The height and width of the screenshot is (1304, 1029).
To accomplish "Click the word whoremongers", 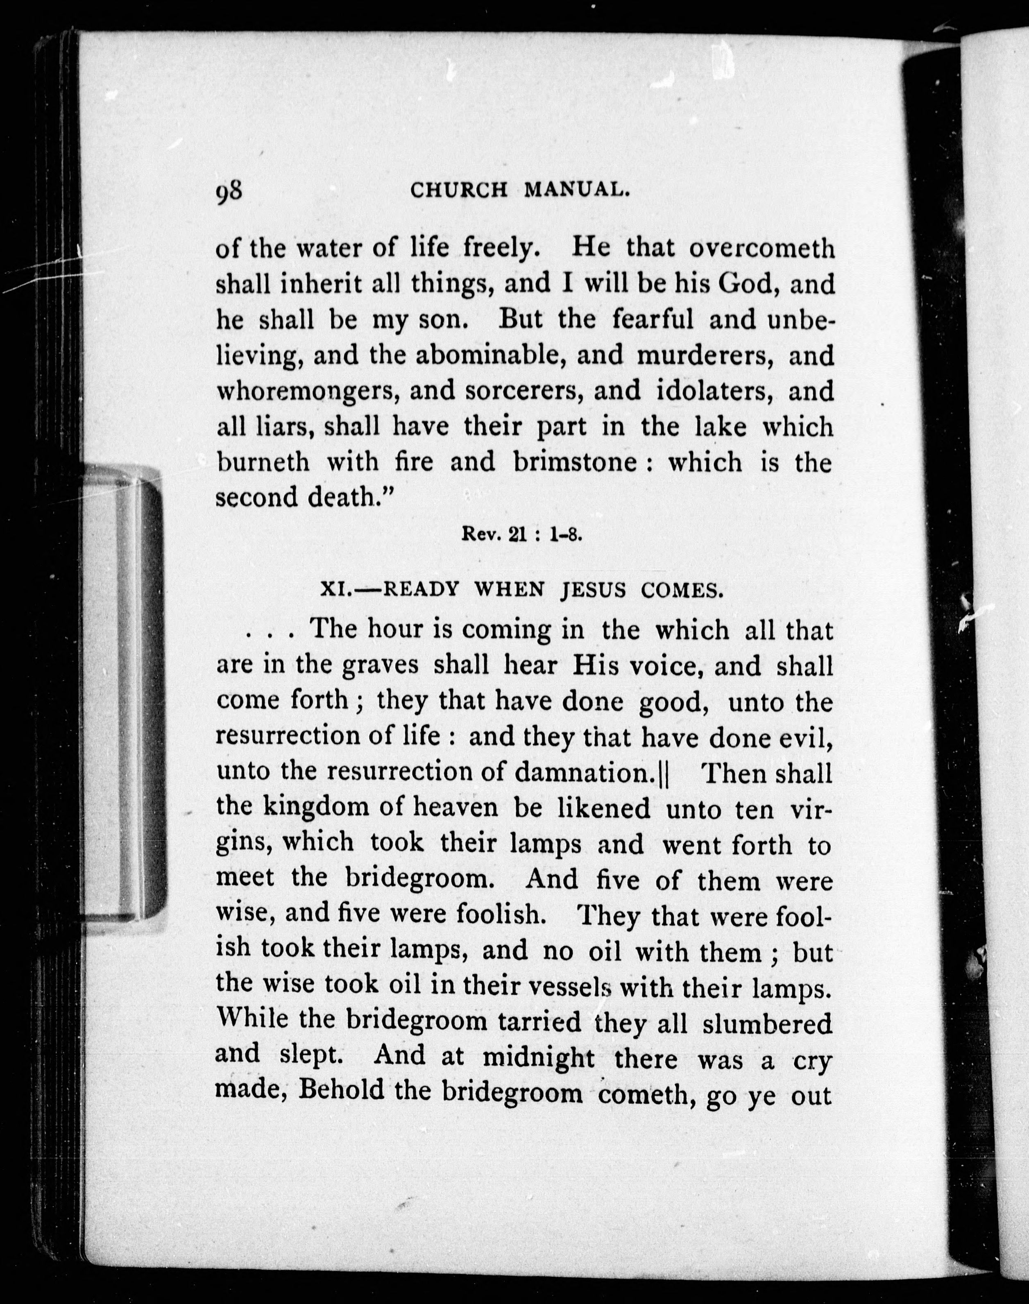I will point(308,392).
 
